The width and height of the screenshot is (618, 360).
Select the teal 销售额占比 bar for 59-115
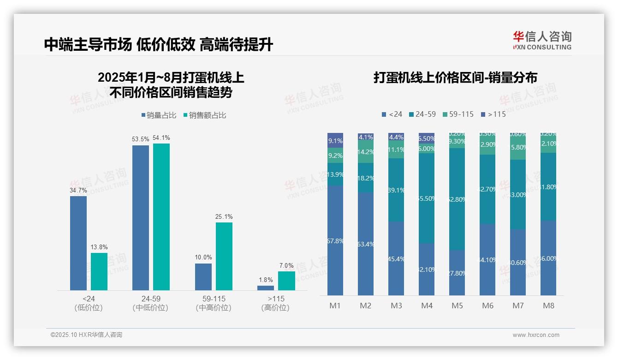224,256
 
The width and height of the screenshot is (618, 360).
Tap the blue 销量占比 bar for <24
78,243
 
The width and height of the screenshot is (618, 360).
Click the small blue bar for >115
266,288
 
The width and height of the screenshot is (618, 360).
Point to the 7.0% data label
286,266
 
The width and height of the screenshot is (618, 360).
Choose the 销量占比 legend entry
159,115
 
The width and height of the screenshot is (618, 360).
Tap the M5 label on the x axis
458,306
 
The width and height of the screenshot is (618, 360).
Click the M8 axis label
549,306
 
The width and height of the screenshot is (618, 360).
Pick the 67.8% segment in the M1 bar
335,240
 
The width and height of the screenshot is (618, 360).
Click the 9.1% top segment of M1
335,140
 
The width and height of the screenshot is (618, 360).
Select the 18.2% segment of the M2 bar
366,178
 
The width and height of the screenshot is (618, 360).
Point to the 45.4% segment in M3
396,258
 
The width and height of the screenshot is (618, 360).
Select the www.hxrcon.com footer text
536,335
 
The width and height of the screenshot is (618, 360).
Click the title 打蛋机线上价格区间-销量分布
455,78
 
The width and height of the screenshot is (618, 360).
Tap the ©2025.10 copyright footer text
86,335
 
